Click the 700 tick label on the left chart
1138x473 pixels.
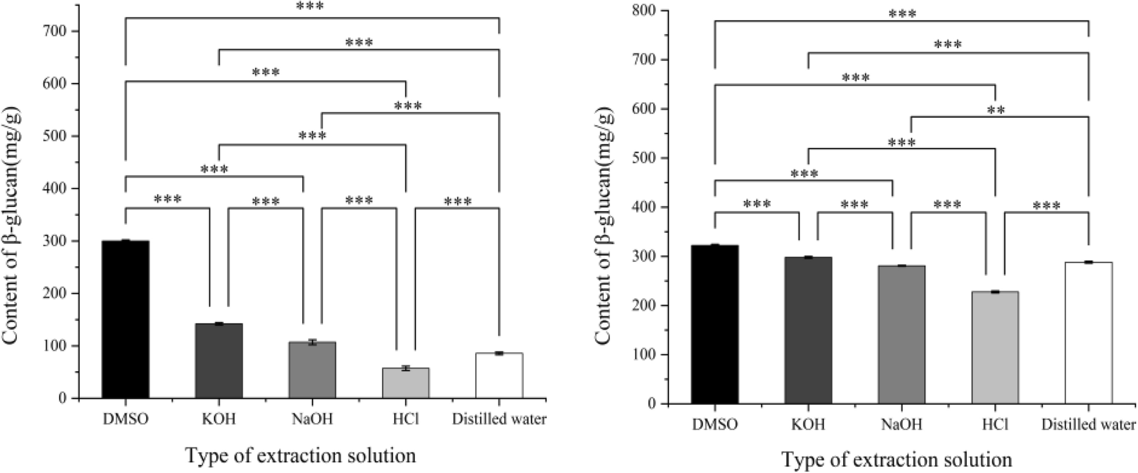point(54,31)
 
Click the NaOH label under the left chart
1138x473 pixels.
point(312,420)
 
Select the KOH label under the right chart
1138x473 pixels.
point(808,425)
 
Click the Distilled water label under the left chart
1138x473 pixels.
point(499,420)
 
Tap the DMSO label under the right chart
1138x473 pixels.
point(714,425)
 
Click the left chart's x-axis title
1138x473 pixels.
point(301,455)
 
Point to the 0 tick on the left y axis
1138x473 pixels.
point(62,398)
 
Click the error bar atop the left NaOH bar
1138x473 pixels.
point(312,342)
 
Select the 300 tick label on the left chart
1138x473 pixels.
point(54,241)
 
